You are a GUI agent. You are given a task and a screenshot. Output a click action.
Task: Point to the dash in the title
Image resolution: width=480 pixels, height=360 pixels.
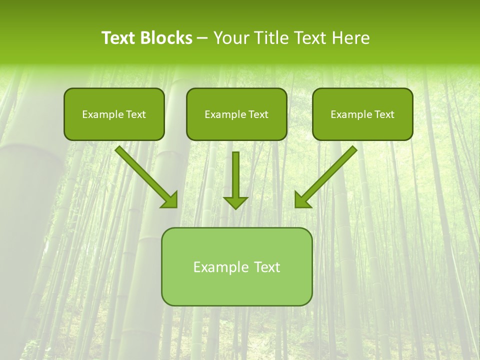tap(202, 38)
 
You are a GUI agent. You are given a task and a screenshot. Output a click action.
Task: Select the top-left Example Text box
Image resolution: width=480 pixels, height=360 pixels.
tap(114, 114)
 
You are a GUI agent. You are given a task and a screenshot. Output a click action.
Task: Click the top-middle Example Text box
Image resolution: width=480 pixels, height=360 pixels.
tap(236, 114)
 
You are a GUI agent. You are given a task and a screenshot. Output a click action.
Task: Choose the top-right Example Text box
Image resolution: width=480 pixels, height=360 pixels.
tap(362, 114)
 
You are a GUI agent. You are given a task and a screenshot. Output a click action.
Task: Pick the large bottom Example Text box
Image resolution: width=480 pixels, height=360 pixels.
tap(236, 266)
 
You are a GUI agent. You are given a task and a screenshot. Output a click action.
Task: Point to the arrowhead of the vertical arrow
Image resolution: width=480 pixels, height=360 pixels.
tap(235, 202)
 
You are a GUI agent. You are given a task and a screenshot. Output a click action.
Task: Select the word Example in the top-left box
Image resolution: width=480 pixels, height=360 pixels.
tap(99, 114)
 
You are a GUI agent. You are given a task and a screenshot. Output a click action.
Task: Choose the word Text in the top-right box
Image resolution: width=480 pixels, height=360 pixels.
tap(384, 114)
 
